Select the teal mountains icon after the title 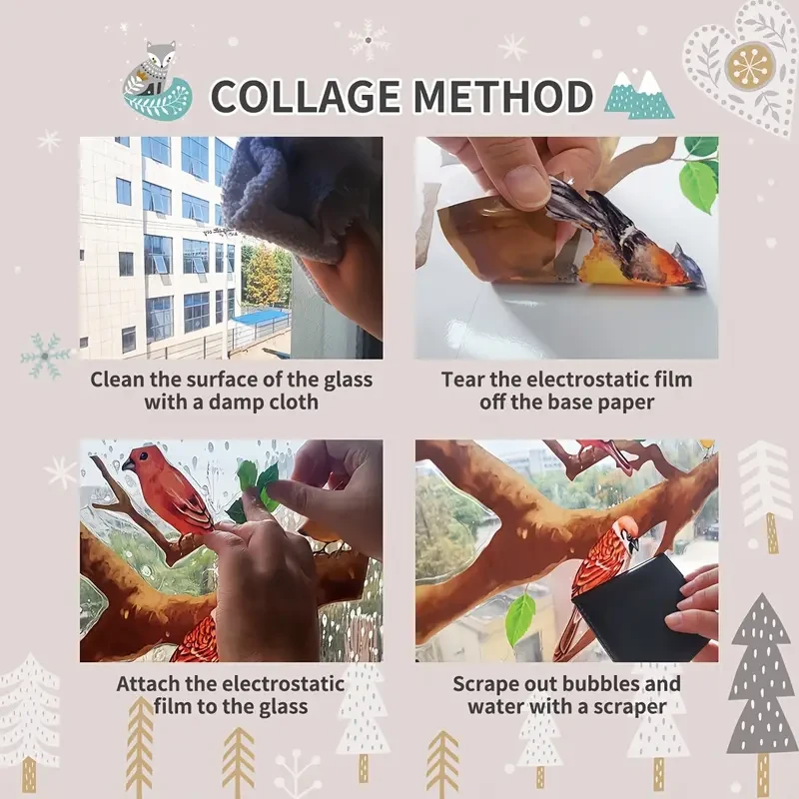tap(638, 95)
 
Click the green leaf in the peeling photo tap(699, 185)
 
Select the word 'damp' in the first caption tap(237, 402)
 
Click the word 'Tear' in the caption tap(463, 380)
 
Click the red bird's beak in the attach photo tap(129, 465)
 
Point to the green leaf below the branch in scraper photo tap(519, 618)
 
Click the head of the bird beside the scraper tap(626, 529)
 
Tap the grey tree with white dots tap(761, 679)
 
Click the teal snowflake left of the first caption tap(45, 356)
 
